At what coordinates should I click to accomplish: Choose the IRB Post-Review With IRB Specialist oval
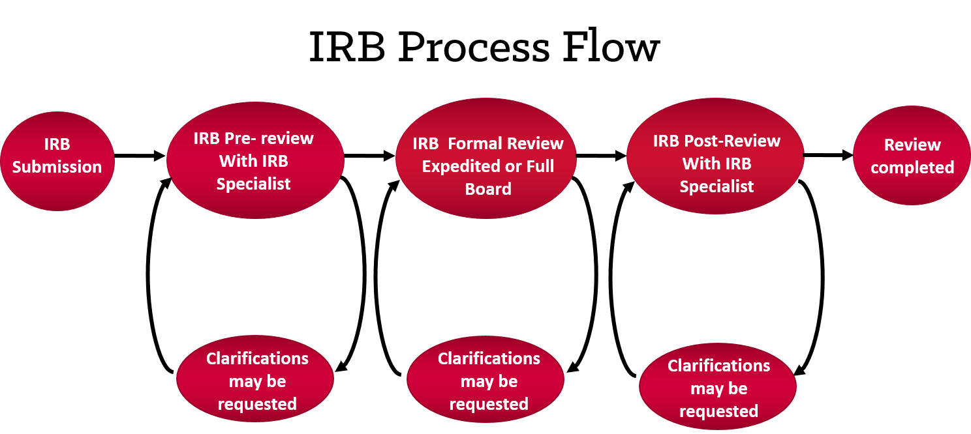[x=716, y=163]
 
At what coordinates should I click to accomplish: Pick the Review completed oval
[x=912, y=156]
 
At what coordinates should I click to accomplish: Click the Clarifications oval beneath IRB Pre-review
[x=256, y=381]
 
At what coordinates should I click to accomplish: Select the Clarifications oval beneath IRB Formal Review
[x=487, y=381]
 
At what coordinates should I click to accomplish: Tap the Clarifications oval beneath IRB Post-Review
[x=718, y=388]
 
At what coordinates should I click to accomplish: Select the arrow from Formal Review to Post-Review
[x=601, y=156]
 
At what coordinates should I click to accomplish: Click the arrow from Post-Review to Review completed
[x=828, y=156]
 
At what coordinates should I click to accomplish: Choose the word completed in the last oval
[x=912, y=167]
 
